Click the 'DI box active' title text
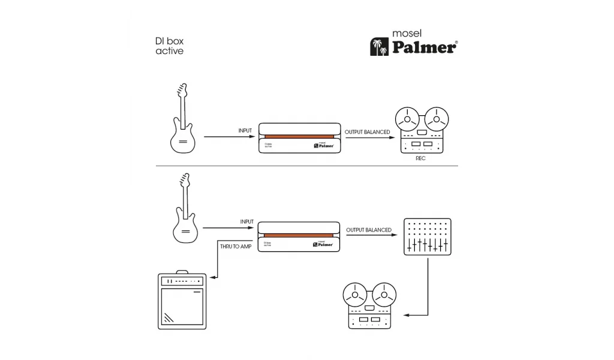pos(169,46)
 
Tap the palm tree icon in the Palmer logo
pos(379,47)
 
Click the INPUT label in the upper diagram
pos(246,130)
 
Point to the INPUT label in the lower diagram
pos(246,221)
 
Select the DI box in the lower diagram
pos(300,237)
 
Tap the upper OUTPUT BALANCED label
pos(367,132)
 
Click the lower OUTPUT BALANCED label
pos(369,230)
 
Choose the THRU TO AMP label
pos(235,247)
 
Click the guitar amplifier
pos(182,301)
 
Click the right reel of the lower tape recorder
pos(381,295)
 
